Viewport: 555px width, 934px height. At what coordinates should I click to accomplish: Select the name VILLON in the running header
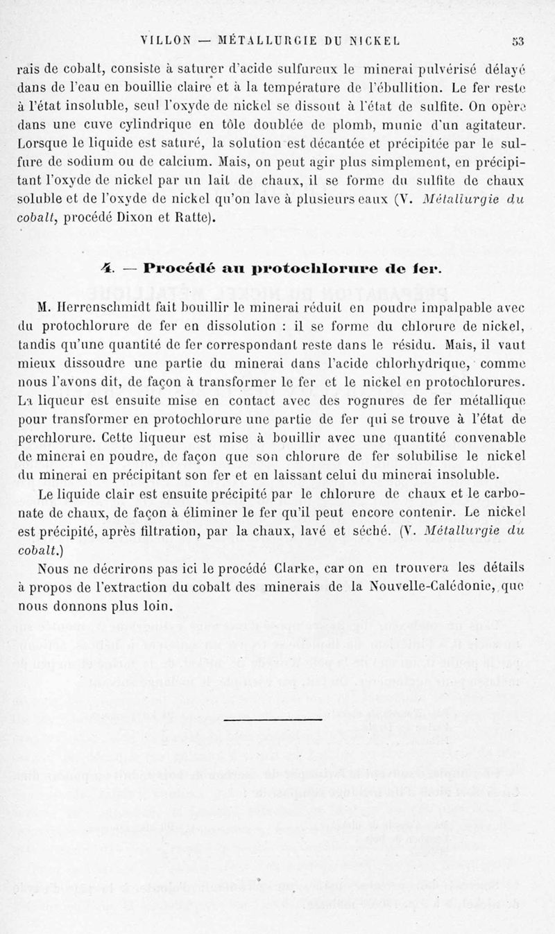pos(165,40)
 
